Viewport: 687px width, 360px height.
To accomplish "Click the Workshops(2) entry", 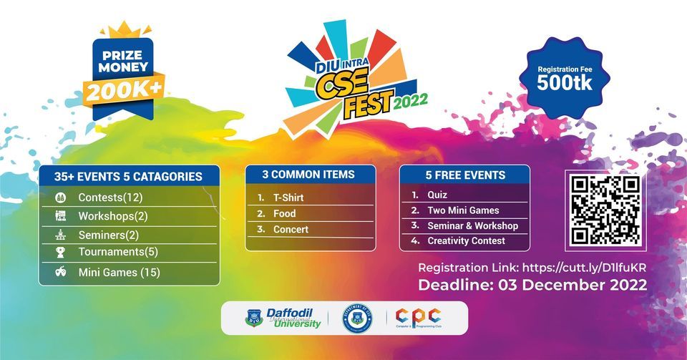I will [113, 215].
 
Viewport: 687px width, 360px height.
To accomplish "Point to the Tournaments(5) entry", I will [118, 252].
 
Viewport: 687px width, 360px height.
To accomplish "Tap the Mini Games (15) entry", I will [119, 272].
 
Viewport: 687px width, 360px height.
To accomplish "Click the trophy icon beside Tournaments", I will [61, 252].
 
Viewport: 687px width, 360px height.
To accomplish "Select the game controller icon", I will [62, 272].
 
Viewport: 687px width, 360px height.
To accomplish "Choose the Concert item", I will [291, 229].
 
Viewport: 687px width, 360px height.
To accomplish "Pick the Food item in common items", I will [284, 213].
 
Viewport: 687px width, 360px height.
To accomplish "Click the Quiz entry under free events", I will [437, 195].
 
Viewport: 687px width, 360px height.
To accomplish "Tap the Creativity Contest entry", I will [466, 241].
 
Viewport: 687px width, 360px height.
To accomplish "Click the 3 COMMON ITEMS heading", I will [310, 175].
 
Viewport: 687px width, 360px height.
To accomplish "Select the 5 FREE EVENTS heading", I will [464, 175].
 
